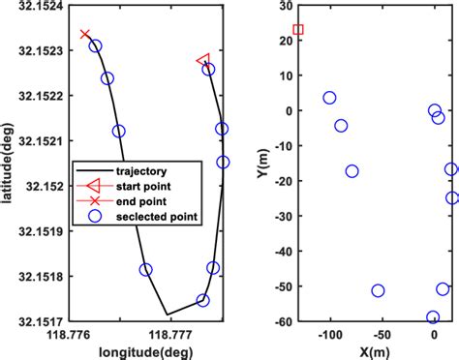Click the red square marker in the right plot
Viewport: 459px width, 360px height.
pos(298,30)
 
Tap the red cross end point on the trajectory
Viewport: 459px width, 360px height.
pos(85,35)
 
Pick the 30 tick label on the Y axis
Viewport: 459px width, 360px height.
pos(284,6)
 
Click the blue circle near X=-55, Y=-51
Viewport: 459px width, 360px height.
pos(378,290)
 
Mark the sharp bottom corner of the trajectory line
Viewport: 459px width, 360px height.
pos(167,315)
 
